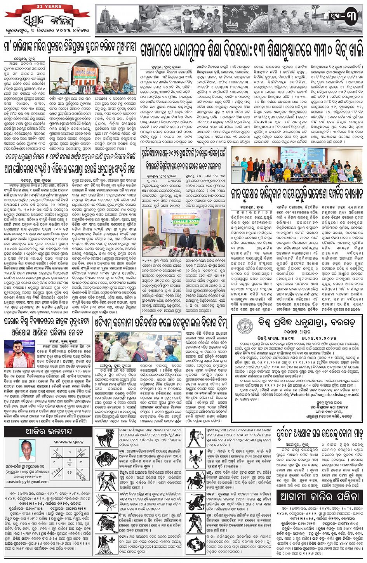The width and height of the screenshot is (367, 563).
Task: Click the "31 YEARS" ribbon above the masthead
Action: pos(47,7)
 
